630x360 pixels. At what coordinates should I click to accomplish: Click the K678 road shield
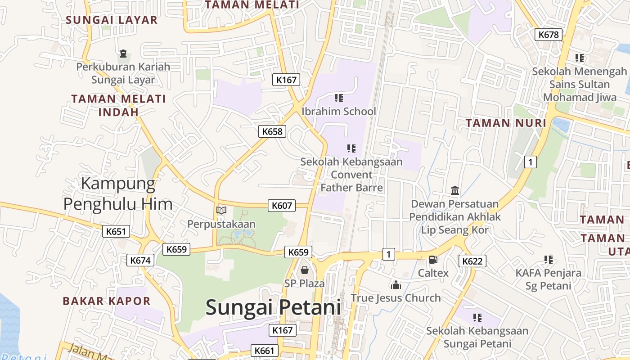(549, 35)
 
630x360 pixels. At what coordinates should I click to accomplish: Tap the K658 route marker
(272, 131)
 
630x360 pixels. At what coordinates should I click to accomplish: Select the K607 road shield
(282, 206)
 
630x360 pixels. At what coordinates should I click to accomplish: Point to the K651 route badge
(116, 231)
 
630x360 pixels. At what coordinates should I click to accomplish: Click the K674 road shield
(141, 260)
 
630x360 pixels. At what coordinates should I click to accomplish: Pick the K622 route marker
(472, 261)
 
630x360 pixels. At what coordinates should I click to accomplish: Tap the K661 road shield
(265, 351)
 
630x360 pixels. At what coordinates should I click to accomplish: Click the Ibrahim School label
(338, 111)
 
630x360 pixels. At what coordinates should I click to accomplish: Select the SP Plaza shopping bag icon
(305, 270)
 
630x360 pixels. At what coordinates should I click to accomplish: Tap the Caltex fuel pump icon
(433, 259)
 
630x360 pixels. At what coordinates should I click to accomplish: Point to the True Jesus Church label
(396, 298)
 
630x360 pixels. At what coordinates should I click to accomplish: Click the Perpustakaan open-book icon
(221, 210)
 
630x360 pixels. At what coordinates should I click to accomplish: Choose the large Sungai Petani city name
(273, 307)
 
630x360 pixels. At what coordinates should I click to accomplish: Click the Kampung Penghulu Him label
(118, 194)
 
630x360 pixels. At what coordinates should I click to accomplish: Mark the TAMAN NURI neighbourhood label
(506, 123)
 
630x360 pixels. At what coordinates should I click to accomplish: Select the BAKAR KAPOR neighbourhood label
(107, 301)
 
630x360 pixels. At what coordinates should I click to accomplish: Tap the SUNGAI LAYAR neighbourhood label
(112, 20)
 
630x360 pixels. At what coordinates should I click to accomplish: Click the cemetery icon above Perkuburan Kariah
(123, 54)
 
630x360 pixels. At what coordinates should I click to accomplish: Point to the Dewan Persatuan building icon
(454, 191)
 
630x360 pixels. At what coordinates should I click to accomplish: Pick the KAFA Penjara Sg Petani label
(548, 279)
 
